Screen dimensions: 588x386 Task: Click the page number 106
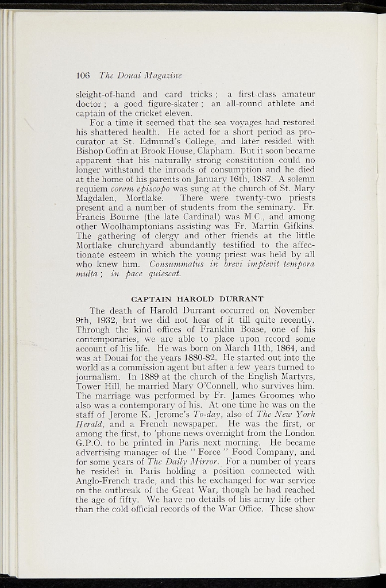(x=83, y=75)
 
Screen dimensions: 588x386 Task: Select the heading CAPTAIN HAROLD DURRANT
(x=197, y=299)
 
